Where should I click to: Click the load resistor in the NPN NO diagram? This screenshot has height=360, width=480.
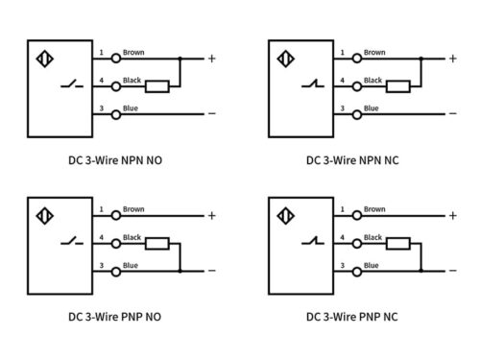point(158,86)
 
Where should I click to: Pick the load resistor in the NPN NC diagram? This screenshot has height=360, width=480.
point(398,86)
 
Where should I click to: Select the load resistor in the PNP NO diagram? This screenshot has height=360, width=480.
point(158,243)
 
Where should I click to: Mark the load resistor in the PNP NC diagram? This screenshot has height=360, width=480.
point(398,243)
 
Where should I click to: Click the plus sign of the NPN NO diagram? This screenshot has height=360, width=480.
point(211,59)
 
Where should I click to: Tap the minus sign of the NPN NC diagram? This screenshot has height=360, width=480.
point(451,113)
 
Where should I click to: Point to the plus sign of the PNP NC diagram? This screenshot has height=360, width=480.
point(451,215)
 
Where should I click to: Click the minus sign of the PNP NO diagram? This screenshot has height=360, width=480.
point(211,271)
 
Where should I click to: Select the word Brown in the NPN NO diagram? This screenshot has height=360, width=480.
point(133,53)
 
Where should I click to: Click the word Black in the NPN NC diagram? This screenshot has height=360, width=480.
point(373,81)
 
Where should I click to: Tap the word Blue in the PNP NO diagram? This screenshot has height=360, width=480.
point(131,265)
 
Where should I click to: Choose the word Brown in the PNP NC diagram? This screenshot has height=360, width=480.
point(373,209)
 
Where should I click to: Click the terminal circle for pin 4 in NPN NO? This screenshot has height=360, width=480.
point(114,86)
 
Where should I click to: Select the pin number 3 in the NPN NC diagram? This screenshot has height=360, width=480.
point(341,108)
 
